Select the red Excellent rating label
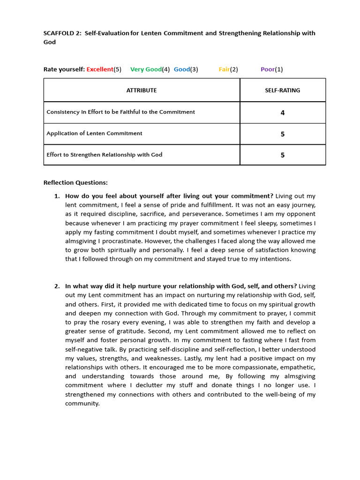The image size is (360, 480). (x=100, y=69)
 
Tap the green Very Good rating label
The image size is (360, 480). (x=146, y=69)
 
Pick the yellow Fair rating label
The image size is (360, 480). (x=224, y=69)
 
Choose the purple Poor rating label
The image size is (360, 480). (x=268, y=69)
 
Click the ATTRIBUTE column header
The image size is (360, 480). (x=142, y=90)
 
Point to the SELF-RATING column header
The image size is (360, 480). (x=282, y=90)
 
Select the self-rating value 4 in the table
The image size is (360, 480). (x=282, y=113)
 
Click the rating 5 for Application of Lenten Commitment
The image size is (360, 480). (x=282, y=134)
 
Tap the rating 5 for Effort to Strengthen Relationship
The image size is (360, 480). (x=282, y=155)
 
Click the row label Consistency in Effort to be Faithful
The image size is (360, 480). (x=120, y=112)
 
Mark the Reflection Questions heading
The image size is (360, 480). (x=75, y=182)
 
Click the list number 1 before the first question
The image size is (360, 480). (x=57, y=196)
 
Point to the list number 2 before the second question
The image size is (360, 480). (x=57, y=286)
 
